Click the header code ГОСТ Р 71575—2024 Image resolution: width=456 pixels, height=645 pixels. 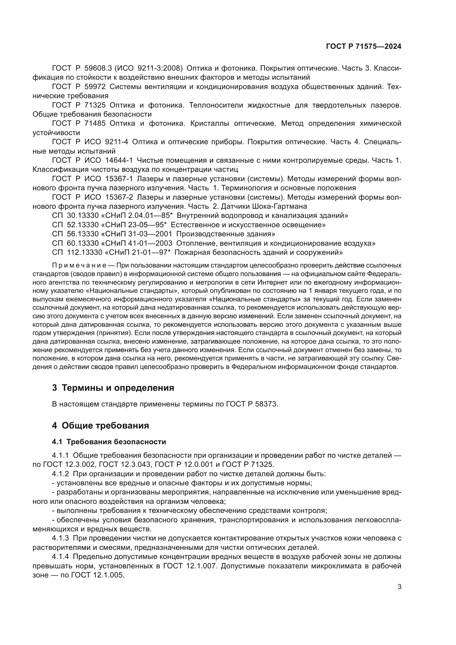click(x=363, y=47)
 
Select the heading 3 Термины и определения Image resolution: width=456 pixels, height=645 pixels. click(x=113, y=388)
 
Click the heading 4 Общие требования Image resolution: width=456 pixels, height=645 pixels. click(x=100, y=425)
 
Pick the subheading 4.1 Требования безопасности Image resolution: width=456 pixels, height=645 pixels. click(x=109, y=442)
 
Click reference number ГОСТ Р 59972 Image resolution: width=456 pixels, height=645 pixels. click(x=79, y=87)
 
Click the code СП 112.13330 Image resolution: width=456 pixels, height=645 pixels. click(x=77, y=253)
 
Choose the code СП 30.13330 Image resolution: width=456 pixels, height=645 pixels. click(x=75, y=216)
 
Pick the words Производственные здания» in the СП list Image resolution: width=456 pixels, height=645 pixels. click(x=226, y=234)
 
